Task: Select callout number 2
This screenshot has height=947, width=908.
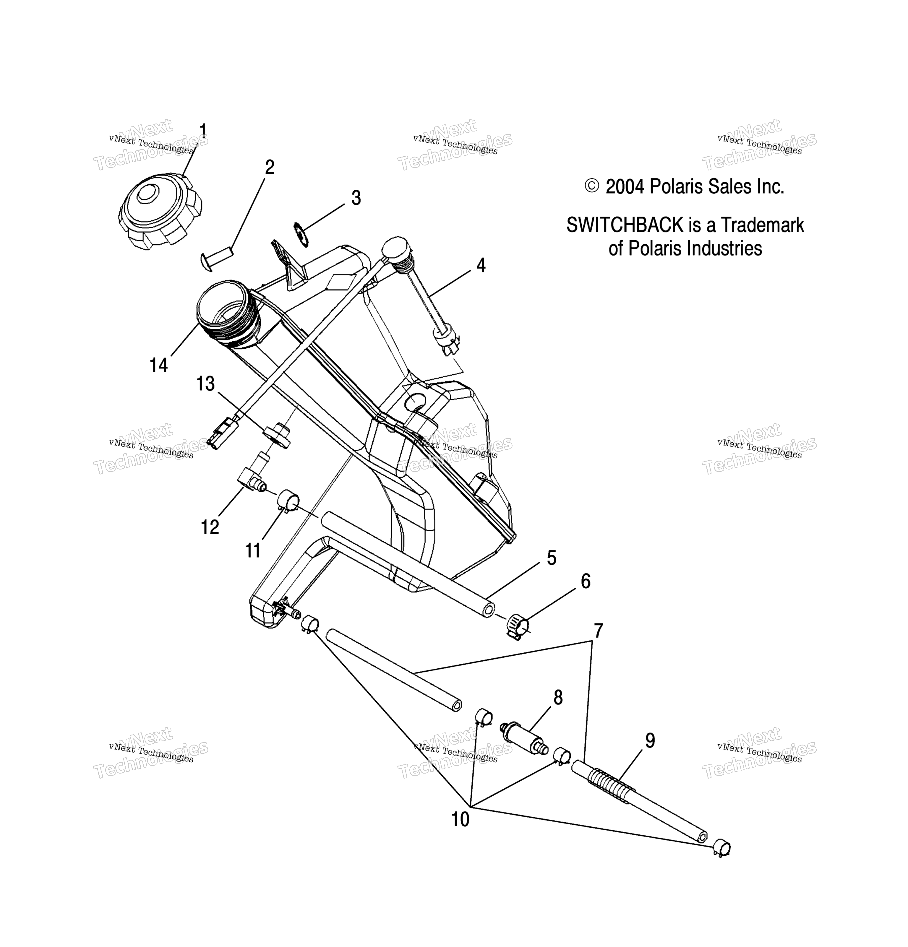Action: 270,167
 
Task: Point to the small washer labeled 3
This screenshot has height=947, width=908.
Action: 301,234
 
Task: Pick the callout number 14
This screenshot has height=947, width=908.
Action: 158,365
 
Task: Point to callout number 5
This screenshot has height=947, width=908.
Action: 551,558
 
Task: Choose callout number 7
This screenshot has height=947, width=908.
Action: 598,631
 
